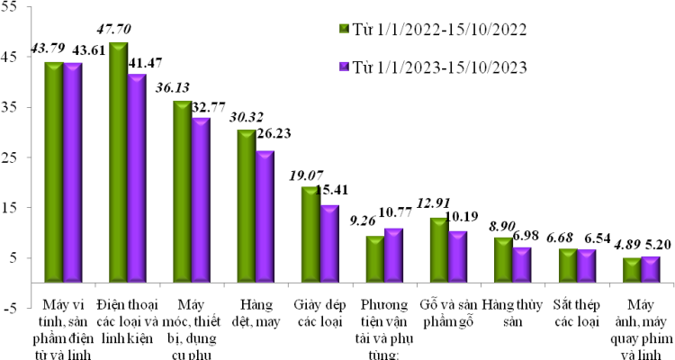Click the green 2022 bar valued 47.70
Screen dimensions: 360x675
point(118,162)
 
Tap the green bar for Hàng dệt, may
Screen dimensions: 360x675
point(246,206)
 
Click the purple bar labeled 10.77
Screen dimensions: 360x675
point(393,256)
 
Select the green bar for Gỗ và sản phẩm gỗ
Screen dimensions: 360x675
point(439,250)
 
